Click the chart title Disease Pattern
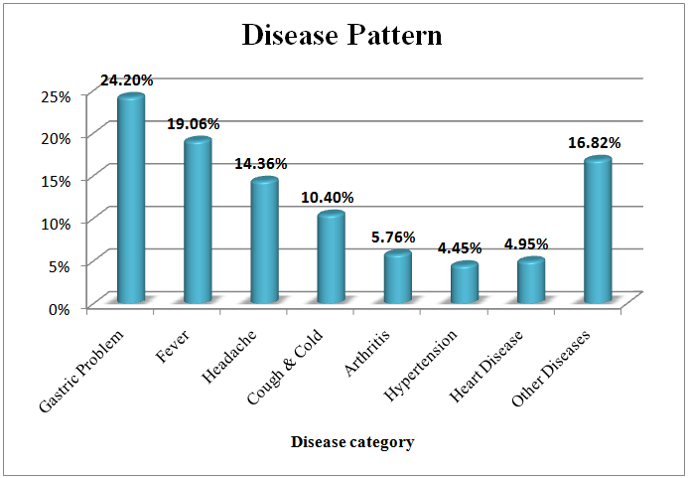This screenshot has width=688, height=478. coord(343,36)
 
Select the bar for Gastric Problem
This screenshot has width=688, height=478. coord(130,199)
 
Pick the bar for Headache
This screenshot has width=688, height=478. coord(264,241)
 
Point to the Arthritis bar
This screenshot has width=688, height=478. coord(397,277)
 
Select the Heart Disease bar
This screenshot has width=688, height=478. coord(531,281)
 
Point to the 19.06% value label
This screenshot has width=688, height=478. coord(193,124)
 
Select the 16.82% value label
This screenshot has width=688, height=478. coord(594,143)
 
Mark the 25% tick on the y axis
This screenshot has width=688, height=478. coord(57,95)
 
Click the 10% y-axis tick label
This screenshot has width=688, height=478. coord(57,223)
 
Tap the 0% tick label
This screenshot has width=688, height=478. coord(61,307)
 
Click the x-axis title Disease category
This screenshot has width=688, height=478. coord(352,441)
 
